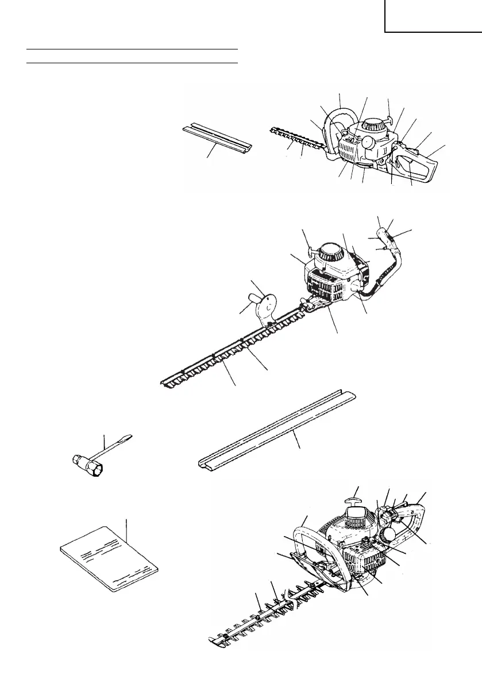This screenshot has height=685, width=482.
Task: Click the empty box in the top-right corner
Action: pyautogui.click(x=433, y=16)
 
